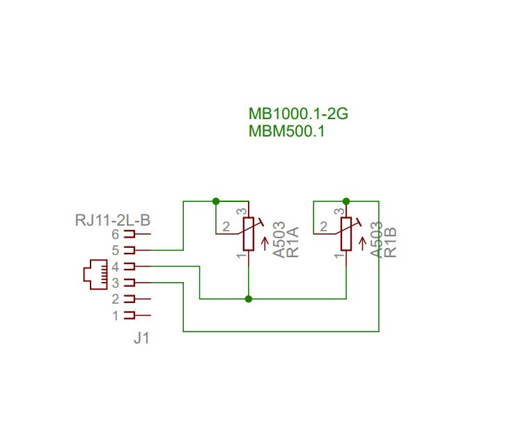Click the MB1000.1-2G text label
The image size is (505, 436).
click(298, 114)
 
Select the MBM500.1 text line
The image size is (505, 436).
click(287, 132)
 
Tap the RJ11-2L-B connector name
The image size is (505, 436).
click(113, 220)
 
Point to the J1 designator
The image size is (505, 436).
click(141, 338)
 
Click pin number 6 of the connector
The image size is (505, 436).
click(116, 234)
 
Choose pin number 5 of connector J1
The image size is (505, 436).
click(116, 250)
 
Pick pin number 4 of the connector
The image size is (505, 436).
click(116, 267)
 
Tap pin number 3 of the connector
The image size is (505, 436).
click(116, 283)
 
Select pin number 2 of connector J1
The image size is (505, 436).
click(116, 299)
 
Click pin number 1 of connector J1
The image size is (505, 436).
click(116, 316)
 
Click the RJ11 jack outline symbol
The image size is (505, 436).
click(95, 274)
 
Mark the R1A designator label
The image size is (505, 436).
click(293, 242)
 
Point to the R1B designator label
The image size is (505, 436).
click(390, 242)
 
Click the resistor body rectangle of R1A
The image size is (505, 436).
click(249, 234)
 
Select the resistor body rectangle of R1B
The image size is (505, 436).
click(346, 234)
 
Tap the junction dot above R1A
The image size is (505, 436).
click(216, 201)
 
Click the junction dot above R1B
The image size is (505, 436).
click(346, 201)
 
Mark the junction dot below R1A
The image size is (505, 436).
click(248, 299)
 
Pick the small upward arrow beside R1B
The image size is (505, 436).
click(363, 244)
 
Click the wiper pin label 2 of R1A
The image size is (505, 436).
click(226, 226)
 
